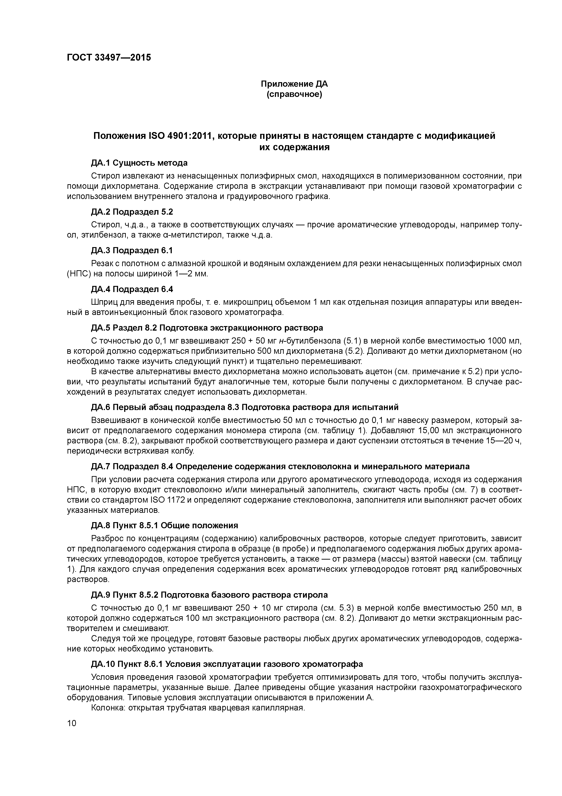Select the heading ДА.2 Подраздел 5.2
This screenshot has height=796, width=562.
(x=132, y=211)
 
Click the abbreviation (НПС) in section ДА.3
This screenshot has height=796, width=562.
(x=79, y=274)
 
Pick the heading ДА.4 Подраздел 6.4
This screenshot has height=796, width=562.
(x=132, y=289)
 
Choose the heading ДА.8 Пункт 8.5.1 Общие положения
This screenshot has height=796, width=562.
(x=165, y=525)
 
